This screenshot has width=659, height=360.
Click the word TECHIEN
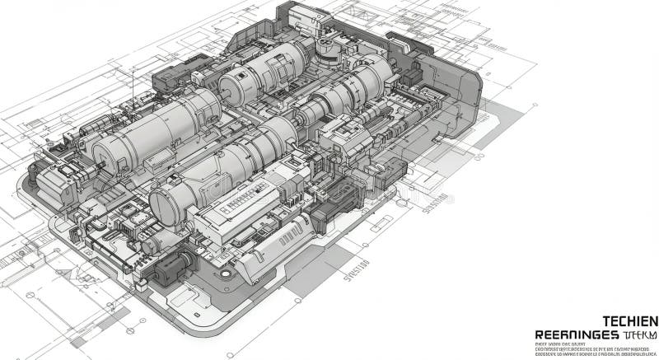630,320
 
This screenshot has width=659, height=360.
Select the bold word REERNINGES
577,334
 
